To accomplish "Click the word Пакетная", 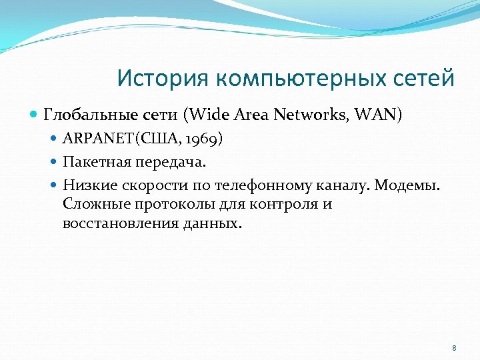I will click(94, 162).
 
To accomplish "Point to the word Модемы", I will click(407, 185).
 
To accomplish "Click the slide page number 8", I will click(454, 348).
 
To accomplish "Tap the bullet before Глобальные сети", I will click(35, 115).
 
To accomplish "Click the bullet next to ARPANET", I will click(55, 140).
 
